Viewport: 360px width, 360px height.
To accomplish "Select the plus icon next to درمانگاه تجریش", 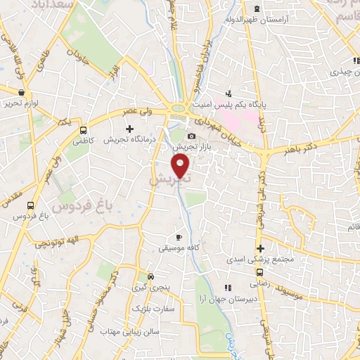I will (x=129, y=129).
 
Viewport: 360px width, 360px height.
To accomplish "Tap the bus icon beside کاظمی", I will (x=84, y=130).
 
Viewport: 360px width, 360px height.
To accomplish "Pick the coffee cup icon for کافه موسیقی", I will (x=179, y=237).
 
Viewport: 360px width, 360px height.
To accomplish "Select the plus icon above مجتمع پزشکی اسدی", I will (x=260, y=248).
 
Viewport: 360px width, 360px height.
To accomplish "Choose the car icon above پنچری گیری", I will (x=149, y=276).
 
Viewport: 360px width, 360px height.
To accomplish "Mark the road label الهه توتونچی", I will (x=55, y=241).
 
